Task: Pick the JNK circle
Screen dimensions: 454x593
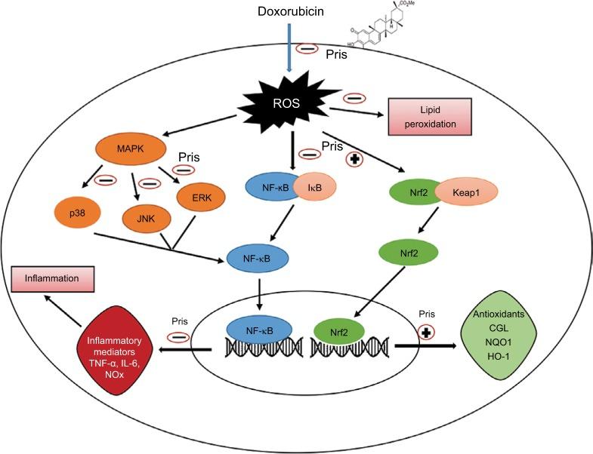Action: (x=144, y=218)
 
